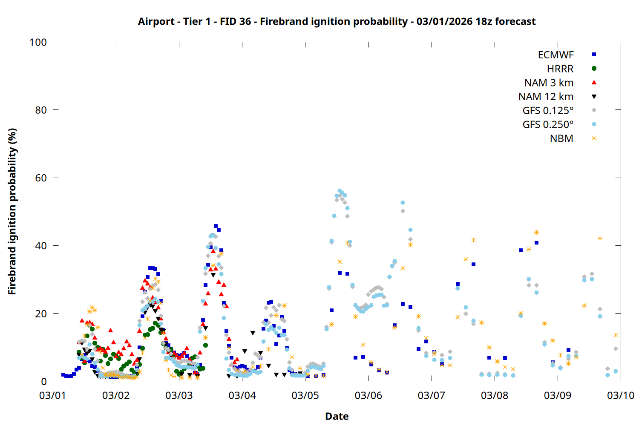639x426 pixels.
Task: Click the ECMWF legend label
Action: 556,55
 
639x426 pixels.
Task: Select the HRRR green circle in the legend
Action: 594,69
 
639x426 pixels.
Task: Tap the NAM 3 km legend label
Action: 549,83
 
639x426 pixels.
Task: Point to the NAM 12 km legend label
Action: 546,97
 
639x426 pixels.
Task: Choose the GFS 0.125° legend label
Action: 548,111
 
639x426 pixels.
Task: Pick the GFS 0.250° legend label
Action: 548,125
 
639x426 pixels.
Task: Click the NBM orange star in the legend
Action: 594,138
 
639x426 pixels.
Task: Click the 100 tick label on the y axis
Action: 38,42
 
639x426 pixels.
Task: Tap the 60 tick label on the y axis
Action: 41,178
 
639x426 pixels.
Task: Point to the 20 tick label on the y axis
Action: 41,314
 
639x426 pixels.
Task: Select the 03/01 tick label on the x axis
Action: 53,395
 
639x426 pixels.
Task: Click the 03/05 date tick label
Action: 305,395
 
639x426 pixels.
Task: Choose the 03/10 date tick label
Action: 620,395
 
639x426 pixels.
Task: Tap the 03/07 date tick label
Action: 431,395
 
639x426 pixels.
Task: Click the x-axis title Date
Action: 337,416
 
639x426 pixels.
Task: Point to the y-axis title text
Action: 12,211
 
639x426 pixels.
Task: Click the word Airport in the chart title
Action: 156,21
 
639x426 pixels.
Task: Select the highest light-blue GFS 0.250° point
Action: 340,191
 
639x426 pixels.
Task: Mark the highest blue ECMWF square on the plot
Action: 216,226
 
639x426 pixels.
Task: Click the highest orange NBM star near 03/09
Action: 536,232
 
